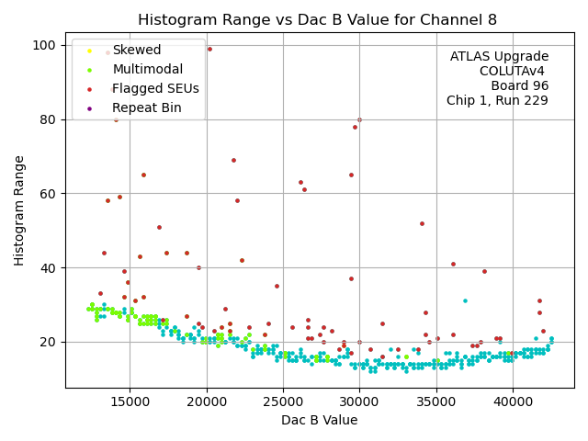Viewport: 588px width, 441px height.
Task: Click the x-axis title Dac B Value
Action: [x=320, y=420]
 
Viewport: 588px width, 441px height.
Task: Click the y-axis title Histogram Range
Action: [x=20, y=210]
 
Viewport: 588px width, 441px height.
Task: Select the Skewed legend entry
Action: [x=136, y=51]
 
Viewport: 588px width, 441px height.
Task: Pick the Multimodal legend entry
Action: [x=146, y=70]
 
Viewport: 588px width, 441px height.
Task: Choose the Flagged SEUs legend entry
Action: [x=154, y=89]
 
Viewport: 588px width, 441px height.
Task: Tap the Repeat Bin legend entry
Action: [x=147, y=108]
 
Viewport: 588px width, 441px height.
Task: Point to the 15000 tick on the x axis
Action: [x=130, y=400]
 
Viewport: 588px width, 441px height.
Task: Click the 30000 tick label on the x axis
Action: [x=359, y=400]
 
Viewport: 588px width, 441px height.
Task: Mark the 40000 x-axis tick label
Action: [x=512, y=400]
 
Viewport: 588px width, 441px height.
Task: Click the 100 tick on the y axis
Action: [x=46, y=46]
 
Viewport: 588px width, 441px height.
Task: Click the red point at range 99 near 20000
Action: [x=209, y=50]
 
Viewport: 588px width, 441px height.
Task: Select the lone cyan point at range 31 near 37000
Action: [x=465, y=300]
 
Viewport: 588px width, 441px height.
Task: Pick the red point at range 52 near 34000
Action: [x=422, y=223]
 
